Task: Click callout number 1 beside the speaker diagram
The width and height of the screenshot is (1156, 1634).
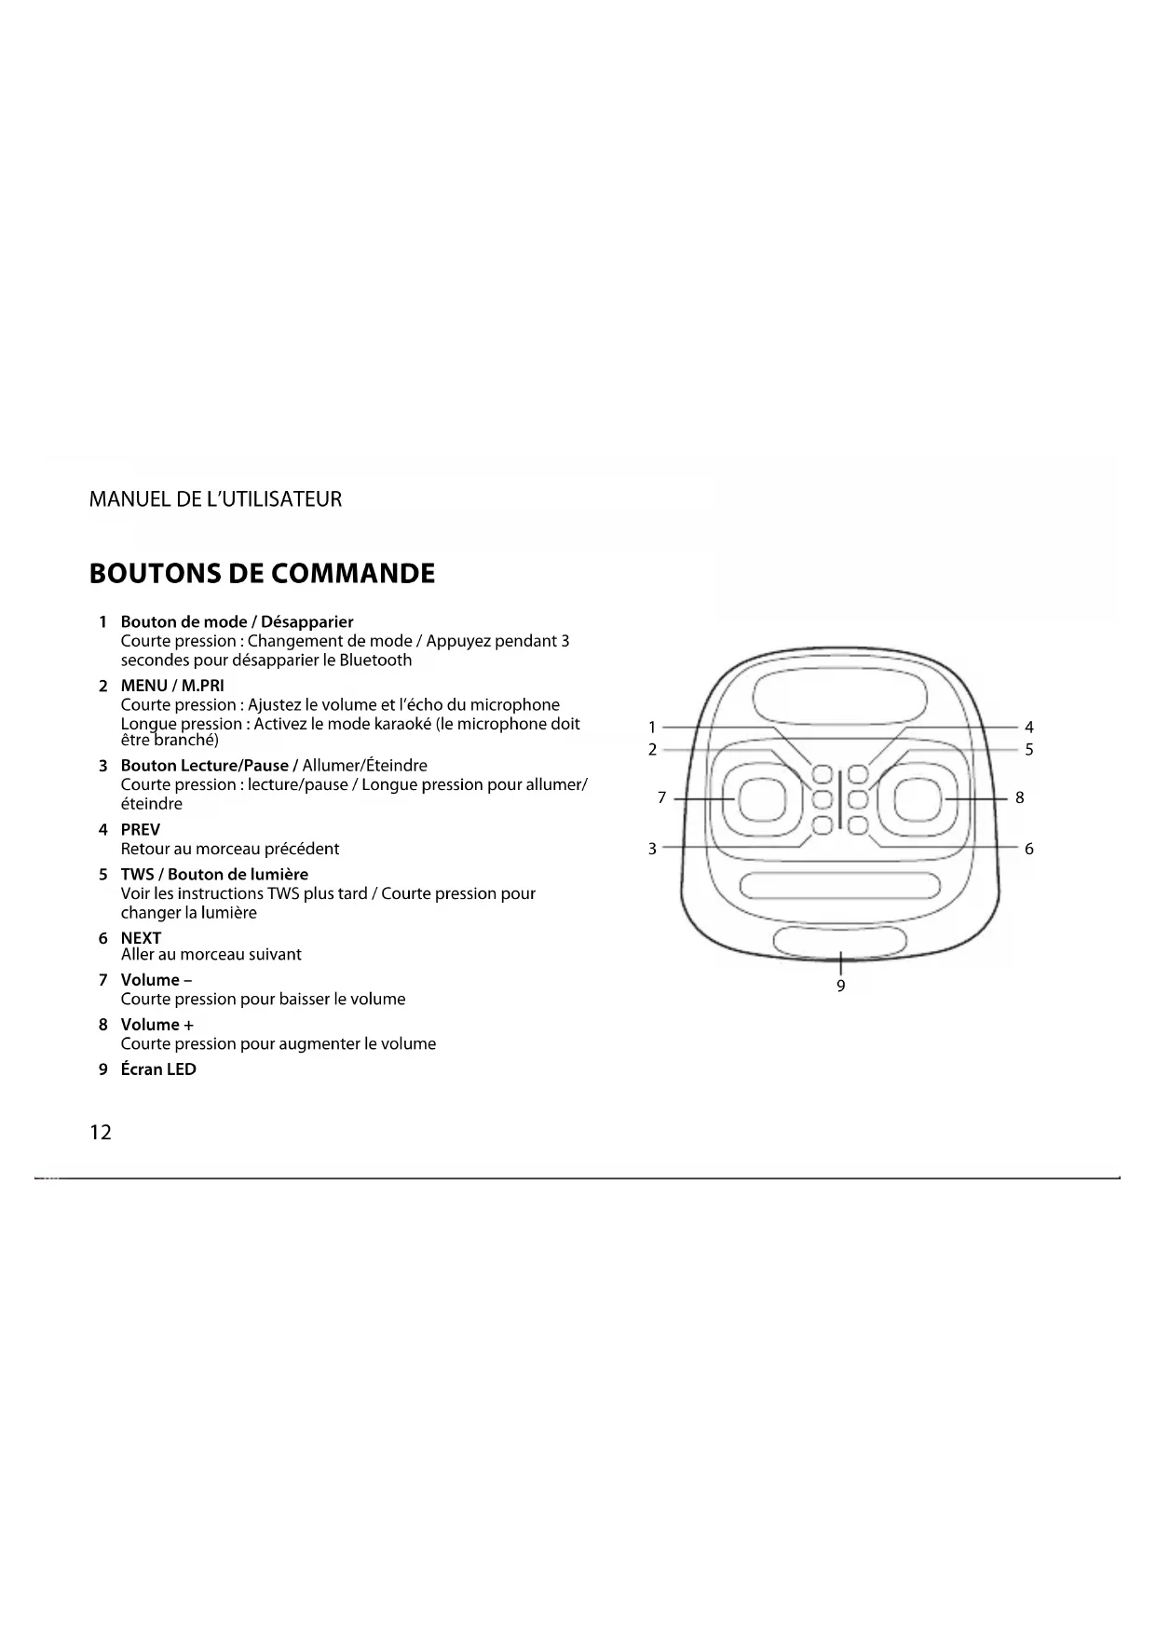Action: coord(652,728)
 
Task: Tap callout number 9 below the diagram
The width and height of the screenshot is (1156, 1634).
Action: coord(840,986)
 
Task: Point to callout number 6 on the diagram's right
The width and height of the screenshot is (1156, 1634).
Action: coord(1028,849)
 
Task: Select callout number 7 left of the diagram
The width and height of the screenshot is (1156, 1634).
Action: coord(661,797)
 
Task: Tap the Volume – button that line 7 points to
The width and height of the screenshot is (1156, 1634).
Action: coord(762,799)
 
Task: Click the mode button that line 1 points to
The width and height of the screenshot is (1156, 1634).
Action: coord(823,774)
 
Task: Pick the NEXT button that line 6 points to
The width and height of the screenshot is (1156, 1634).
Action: coord(858,824)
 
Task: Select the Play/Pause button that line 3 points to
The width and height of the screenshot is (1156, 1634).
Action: coord(823,824)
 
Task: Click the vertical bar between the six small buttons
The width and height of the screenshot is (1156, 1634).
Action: coord(840,799)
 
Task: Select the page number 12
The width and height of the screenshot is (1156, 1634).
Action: coord(101,1132)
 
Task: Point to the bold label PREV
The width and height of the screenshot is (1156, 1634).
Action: coord(141,829)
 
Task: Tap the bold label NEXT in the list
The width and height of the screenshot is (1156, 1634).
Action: coord(141,938)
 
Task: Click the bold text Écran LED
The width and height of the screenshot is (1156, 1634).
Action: coord(158,1069)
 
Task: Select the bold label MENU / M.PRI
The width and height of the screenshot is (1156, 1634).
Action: coord(172,686)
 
